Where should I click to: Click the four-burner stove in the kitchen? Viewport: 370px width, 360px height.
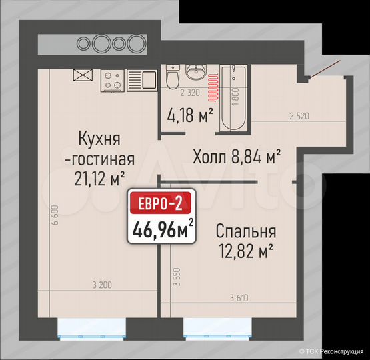pyautogui.click(x=113, y=81)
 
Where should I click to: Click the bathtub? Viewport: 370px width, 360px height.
pyautogui.click(x=235, y=97)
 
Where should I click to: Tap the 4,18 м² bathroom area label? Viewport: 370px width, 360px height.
pyautogui.click(x=191, y=115)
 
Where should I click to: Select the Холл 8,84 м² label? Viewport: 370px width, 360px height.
pyautogui.click(x=236, y=157)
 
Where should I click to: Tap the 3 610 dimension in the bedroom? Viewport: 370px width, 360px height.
pyautogui.click(x=239, y=297)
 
